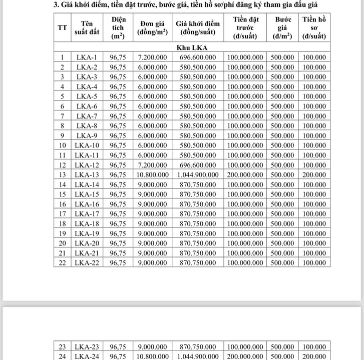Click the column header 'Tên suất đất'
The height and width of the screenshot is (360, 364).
[87, 27]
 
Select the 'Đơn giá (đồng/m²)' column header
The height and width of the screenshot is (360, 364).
[153, 27]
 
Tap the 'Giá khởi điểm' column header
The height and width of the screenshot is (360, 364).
[198, 27]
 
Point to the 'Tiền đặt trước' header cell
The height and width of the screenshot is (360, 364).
[245, 27]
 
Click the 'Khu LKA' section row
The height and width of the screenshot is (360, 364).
[192, 47]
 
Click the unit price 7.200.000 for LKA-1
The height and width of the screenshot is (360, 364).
[153, 57]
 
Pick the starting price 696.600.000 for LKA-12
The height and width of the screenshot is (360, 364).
[198, 165]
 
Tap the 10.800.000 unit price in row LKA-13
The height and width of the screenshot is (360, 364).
[153, 174]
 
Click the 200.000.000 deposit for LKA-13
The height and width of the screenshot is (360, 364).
[245, 174]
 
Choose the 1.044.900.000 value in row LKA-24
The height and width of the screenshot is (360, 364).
[198, 356]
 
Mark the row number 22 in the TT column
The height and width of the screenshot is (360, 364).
[63, 262]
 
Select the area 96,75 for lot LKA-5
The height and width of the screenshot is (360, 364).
[118, 96]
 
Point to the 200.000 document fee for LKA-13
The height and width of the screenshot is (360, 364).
[314, 174]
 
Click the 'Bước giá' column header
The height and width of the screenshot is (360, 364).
[283, 27]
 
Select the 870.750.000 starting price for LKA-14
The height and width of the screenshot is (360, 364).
[198, 184]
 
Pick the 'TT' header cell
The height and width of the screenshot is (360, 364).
[63, 27]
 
